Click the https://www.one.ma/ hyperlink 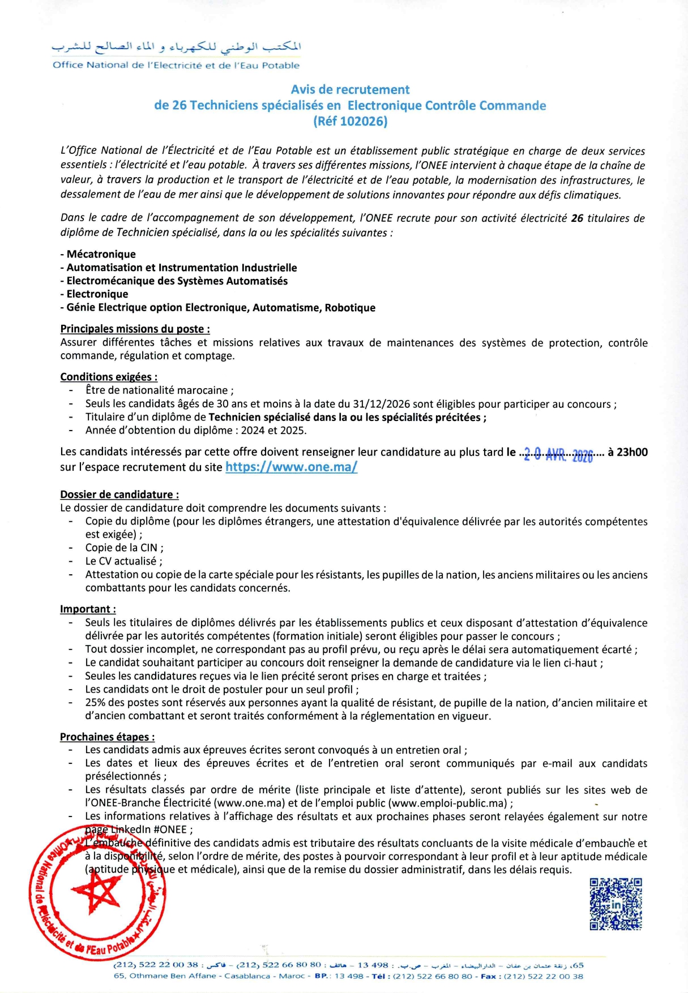tap(291, 467)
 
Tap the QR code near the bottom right tap(616, 904)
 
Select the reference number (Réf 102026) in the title tap(350, 121)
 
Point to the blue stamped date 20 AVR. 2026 tap(558, 454)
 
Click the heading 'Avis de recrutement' tap(350, 89)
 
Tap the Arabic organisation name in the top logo tap(177, 46)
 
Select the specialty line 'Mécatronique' tap(101, 254)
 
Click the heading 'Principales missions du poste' tap(135, 329)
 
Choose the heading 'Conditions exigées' tap(109, 377)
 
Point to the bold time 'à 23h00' tap(627, 452)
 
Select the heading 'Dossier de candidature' tap(119, 495)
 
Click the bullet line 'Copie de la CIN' tap(124, 548)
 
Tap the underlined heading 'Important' tap(88, 609)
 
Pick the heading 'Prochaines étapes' tap(107, 737)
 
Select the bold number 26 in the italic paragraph tap(577, 218)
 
